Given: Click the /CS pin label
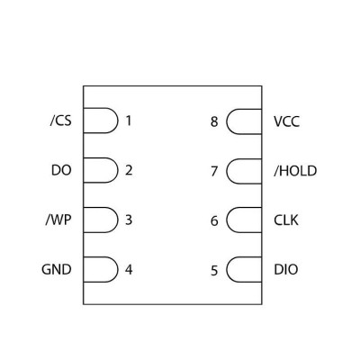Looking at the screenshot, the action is [61, 121].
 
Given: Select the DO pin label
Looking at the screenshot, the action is [61, 170].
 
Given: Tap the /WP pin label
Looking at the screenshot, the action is [58, 220].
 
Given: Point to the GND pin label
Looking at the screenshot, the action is [57, 269].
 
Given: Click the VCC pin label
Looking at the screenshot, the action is [286, 121].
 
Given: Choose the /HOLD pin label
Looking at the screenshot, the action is [295, 171].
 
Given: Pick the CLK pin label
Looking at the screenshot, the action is [286, 220].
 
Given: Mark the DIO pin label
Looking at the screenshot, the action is [286, 269].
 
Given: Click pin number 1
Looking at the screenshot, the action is [129, 121].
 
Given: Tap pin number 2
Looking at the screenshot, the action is [129, 170].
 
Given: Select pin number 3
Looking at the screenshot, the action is [129, 220].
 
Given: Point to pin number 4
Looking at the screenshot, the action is [129, 270].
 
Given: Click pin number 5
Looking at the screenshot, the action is [214, 271].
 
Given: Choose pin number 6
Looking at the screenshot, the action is [214, 220].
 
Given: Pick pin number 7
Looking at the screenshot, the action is [214, 171].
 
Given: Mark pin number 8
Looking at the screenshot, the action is [214, 121].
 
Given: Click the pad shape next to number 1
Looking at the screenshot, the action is [118, 121].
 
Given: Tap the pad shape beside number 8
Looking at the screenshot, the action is [227, 121].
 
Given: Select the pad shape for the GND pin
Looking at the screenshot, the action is [118, 269].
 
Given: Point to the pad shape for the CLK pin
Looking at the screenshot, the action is [227, 220].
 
